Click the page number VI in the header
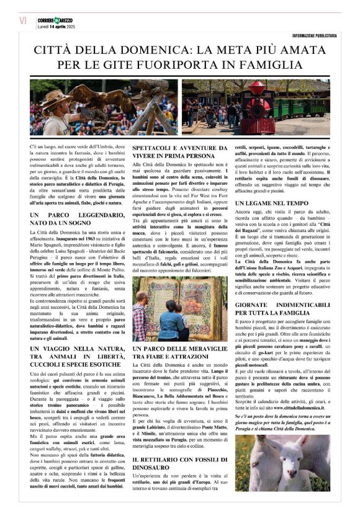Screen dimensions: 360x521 click(23, 20)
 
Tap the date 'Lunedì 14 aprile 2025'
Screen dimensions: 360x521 click(55, 25)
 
